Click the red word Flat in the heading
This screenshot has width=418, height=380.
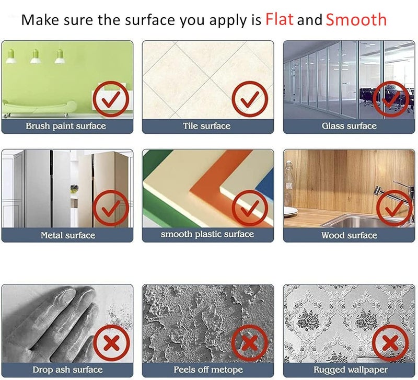click(280, 19)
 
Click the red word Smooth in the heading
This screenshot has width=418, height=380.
click(356, 19)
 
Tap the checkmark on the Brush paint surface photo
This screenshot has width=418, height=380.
click(111, 99)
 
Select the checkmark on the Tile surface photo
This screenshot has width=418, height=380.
click(250, 99)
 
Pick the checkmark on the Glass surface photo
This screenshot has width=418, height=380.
click(391, 99)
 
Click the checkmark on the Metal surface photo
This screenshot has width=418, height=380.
click(111, 208)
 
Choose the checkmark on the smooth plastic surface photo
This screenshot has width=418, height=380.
click(250, 208)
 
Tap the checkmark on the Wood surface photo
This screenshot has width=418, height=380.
click(394, 208)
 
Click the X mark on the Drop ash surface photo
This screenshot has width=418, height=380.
click(111, 343)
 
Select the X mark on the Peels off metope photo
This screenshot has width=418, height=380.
click(250, 343)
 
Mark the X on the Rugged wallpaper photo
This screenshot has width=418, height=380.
click(390, 343)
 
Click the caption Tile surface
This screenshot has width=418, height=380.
click(207, 126)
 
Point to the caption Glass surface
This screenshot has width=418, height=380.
click(349, 126)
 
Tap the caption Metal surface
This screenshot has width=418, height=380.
click(68, 235)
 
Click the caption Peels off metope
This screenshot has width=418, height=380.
click(208, 370)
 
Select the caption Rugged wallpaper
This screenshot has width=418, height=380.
click(351, 370)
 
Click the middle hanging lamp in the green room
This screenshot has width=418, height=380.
click(36, 56)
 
